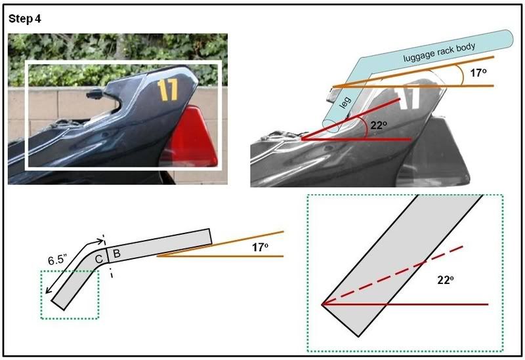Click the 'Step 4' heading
click(x=25, y=19)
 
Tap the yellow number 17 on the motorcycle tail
click(x=168, y=90)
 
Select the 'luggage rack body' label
click(x=439, y=52)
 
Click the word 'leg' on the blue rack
click(x=345, y=102)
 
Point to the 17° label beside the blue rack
click(x=478, y=73)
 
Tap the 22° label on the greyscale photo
click(x=379, y=125)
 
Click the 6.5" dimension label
click(x=58, y=260)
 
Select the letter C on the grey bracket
click(x=99, y=259)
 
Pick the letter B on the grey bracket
click(x=117, y=253)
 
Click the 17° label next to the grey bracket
click(x=260, y=247)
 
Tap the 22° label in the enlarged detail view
click(x=446, y=280)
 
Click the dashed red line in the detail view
click(x=392, y=275)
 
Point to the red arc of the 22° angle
click(x=366, y=127)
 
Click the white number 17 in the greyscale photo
click(x=407, y=97)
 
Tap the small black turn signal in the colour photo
click(x=94, y=94)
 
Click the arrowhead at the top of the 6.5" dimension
click(x=100, y=241)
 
